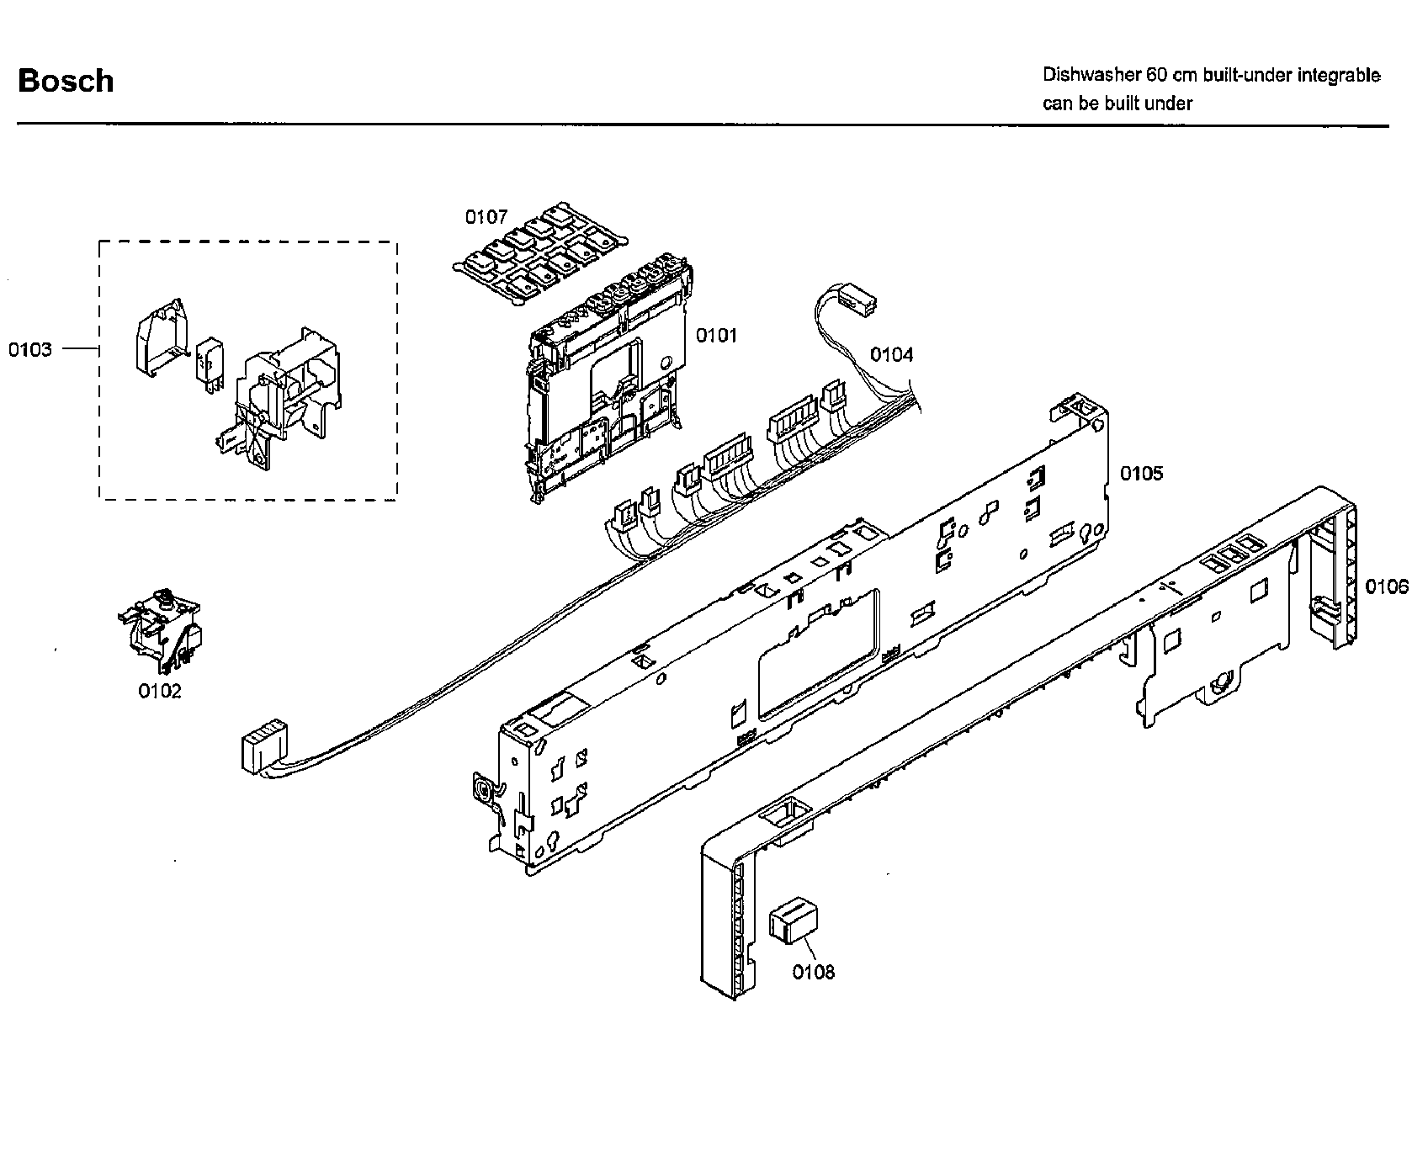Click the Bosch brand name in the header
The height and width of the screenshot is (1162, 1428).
click(66, 81)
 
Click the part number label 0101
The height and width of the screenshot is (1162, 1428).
click(715, 336)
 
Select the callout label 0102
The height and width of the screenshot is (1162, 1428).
click(159, 692)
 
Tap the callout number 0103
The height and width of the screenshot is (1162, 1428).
click(30, 349)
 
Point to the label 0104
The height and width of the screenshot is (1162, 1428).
click(891, 354)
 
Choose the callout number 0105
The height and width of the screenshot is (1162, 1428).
click(1141, 474)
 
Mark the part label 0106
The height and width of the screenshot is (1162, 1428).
click(1386, 586)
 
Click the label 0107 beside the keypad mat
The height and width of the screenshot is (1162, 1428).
click(486, 217)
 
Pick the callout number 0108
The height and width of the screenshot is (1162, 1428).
click(813, 973)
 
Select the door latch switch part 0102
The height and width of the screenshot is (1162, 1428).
click(162, 633)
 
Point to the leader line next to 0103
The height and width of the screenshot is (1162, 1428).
click(81, 348)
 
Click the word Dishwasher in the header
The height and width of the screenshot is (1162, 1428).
click(1091, 75)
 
